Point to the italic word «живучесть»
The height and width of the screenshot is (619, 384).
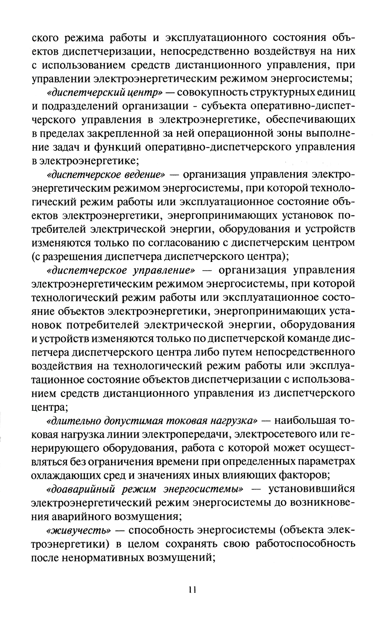[78, 530]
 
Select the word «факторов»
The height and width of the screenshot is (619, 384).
[303, 475]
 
